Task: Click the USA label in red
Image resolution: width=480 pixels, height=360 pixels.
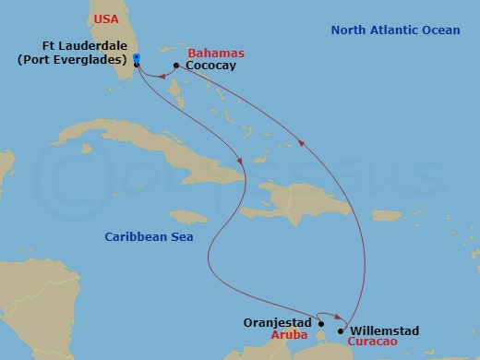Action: [107, 18]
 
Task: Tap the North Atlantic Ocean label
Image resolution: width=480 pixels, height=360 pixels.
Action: [395, 30]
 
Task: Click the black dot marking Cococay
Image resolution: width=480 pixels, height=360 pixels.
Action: [175, 66]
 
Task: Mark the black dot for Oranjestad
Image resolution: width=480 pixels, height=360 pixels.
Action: [320, 324]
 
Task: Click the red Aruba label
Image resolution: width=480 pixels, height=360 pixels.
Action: [288, 338]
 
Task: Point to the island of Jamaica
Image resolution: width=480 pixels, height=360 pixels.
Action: [188, 216]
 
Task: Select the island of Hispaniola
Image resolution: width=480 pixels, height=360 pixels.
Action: [305, 199]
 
